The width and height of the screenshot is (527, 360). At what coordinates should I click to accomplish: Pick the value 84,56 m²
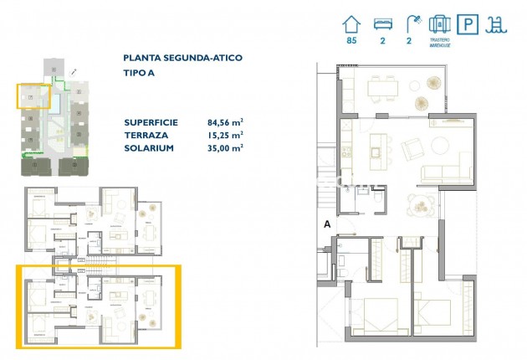[x=225, y=121]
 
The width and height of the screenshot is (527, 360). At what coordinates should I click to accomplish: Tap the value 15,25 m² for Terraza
[x=225, y=134]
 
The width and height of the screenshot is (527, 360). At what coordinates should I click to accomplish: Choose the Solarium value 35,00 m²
[x=225, y=147]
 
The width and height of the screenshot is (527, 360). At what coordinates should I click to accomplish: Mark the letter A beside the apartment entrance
[x=327, y=224]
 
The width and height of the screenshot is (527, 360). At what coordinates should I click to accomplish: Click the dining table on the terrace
[x=386, y=85]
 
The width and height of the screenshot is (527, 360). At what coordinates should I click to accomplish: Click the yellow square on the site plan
[x=33, y=97]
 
